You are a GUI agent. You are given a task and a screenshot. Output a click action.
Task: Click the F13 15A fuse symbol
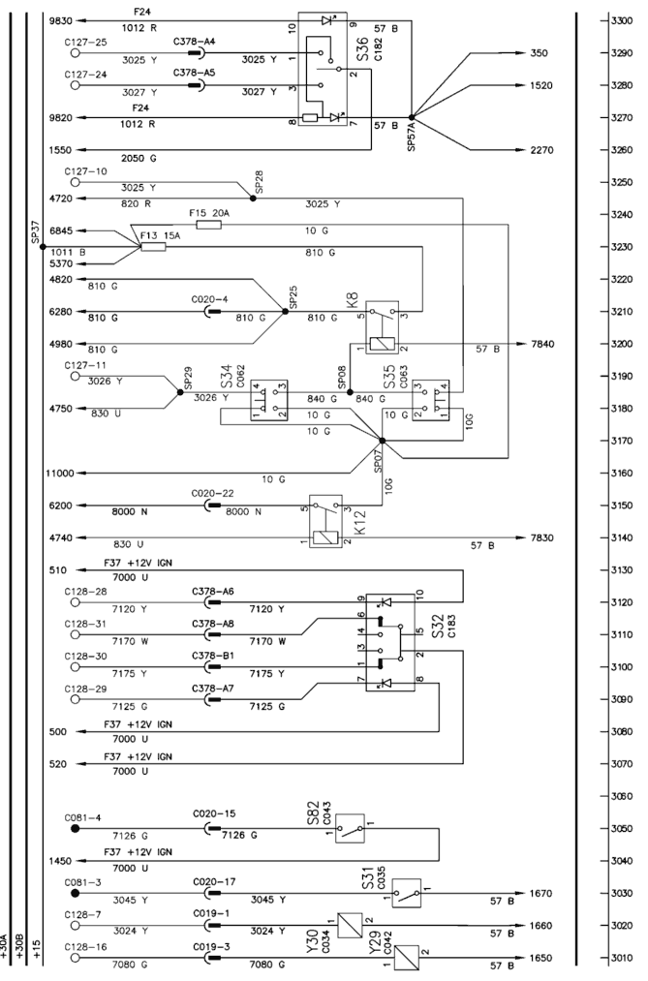pyautogui.click(x=154, y=247)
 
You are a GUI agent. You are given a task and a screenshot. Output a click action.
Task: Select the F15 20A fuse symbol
pyautogui.click(x=209, y=225)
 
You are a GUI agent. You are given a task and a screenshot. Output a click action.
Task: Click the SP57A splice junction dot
pyautogui.click(x=412, y=117)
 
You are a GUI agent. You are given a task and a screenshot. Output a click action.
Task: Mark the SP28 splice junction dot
pyautogui.click(x=254, y=199)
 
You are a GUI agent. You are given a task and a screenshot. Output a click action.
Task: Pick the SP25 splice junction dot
pyautogui.click(x=286, y=312)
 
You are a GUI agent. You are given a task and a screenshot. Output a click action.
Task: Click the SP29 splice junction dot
pyautogui.click(x=181, y=392)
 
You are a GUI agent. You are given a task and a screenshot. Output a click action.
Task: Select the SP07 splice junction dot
pyautogui.click(x=383, y=441)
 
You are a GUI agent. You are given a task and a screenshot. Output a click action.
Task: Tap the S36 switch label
pyautogui.click(x=363, y=49)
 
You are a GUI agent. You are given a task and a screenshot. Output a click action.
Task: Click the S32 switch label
pyautogui.click(x=438, y=627)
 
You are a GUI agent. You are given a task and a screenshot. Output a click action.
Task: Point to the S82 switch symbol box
pyautogui.click(x=351, y=829)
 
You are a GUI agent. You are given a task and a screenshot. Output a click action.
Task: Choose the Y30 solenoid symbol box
pyautogui.click(x=351, y=925)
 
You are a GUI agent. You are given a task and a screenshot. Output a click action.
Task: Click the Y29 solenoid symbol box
pyautogui.click(x=407, y=957)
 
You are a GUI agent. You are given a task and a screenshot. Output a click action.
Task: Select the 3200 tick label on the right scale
pyautogui.click(x=622, y=344)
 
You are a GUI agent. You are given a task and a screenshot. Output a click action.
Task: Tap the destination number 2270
pyautogui.click(x=541, y=150)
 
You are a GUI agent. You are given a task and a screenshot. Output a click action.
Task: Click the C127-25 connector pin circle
pyautogui.click(x=75, y=53)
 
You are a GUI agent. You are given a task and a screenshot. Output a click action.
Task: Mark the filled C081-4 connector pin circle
pyautogui.click(x=75, y=828)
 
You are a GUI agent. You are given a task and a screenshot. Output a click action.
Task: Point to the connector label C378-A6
pyautogui.click(x=213, y=592)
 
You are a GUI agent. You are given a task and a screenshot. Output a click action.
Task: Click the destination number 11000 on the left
pyautogui.click(x=59, y=474)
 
